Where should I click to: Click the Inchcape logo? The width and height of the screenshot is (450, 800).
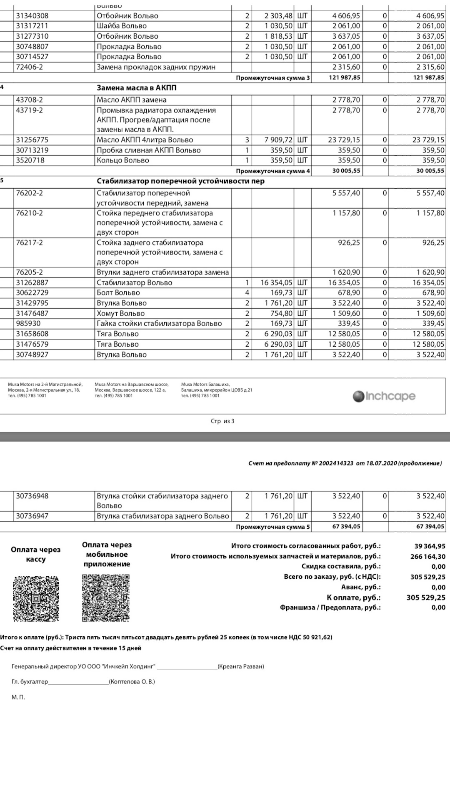coord(384,396)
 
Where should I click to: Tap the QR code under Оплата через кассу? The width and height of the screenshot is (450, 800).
coord(36,599)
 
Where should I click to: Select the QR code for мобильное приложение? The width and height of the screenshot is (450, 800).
coord(105,598)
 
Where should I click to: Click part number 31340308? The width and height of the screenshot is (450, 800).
coord(32,16)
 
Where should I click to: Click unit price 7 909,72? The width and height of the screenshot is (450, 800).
coord(278,140)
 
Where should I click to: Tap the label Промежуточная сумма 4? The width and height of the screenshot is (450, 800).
coord(272,171)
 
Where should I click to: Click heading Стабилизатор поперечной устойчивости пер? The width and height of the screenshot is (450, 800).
coord(180,181)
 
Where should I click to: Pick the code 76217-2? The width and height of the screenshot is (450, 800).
coord(29,242)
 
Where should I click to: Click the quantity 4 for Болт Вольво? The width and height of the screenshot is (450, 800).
coord(247,293)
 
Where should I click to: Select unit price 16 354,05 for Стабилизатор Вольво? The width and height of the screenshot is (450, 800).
coord(276,282)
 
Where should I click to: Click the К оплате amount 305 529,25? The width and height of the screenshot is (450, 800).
coord(425,597)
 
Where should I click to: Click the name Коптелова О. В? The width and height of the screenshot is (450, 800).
coord(132,682)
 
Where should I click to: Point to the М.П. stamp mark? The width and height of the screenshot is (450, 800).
coord(18,697)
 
